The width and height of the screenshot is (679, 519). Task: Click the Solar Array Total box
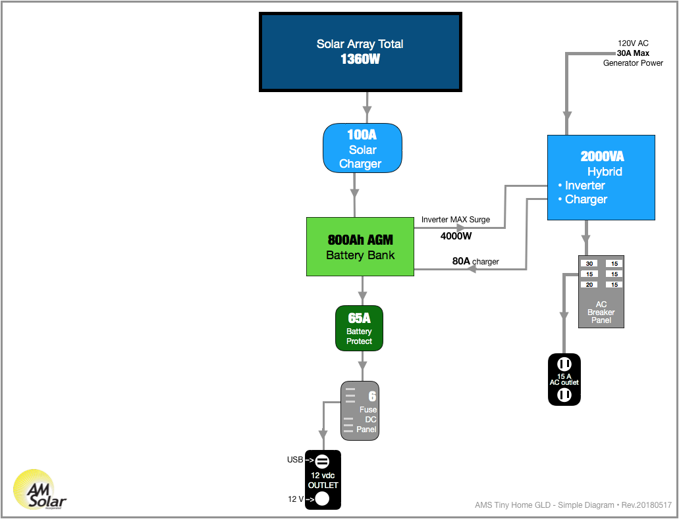(x=360, y=52)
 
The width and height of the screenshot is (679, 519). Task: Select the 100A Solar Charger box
(x=362, y=149)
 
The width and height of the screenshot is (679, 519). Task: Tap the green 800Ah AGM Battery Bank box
(x=360, y=247)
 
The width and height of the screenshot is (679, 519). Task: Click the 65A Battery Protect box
(x=359, y=328)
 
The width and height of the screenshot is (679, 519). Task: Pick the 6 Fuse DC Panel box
(x=360, y=410)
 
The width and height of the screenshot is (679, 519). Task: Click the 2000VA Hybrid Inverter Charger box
(x=601, y=178)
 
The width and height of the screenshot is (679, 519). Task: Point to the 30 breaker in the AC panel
(x=589, y=263)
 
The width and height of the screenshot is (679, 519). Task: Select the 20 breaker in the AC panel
(x=589, y=285)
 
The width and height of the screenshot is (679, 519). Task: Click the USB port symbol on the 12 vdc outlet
(x=322, y=462)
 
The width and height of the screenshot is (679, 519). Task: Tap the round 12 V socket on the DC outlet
(x=322, y=499)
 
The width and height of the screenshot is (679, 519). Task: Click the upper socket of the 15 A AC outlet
(x=564, y=364)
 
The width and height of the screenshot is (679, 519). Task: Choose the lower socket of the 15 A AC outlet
(x=564, y=395)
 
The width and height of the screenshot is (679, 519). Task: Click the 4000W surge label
(x=456, y=236)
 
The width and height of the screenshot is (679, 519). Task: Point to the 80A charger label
(x=475, y=261)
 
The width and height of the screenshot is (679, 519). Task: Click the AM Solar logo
(x=40, y=489)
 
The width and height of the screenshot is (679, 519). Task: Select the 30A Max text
(x=633, y=53)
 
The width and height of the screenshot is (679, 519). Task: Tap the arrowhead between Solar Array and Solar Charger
(x=367, y=107)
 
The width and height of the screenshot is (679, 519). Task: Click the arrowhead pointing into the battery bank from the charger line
(x=471, y=269)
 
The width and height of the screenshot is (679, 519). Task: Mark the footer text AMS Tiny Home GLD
(x=513, y=505)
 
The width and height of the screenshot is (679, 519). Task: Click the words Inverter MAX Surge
(x=456, y=220)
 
